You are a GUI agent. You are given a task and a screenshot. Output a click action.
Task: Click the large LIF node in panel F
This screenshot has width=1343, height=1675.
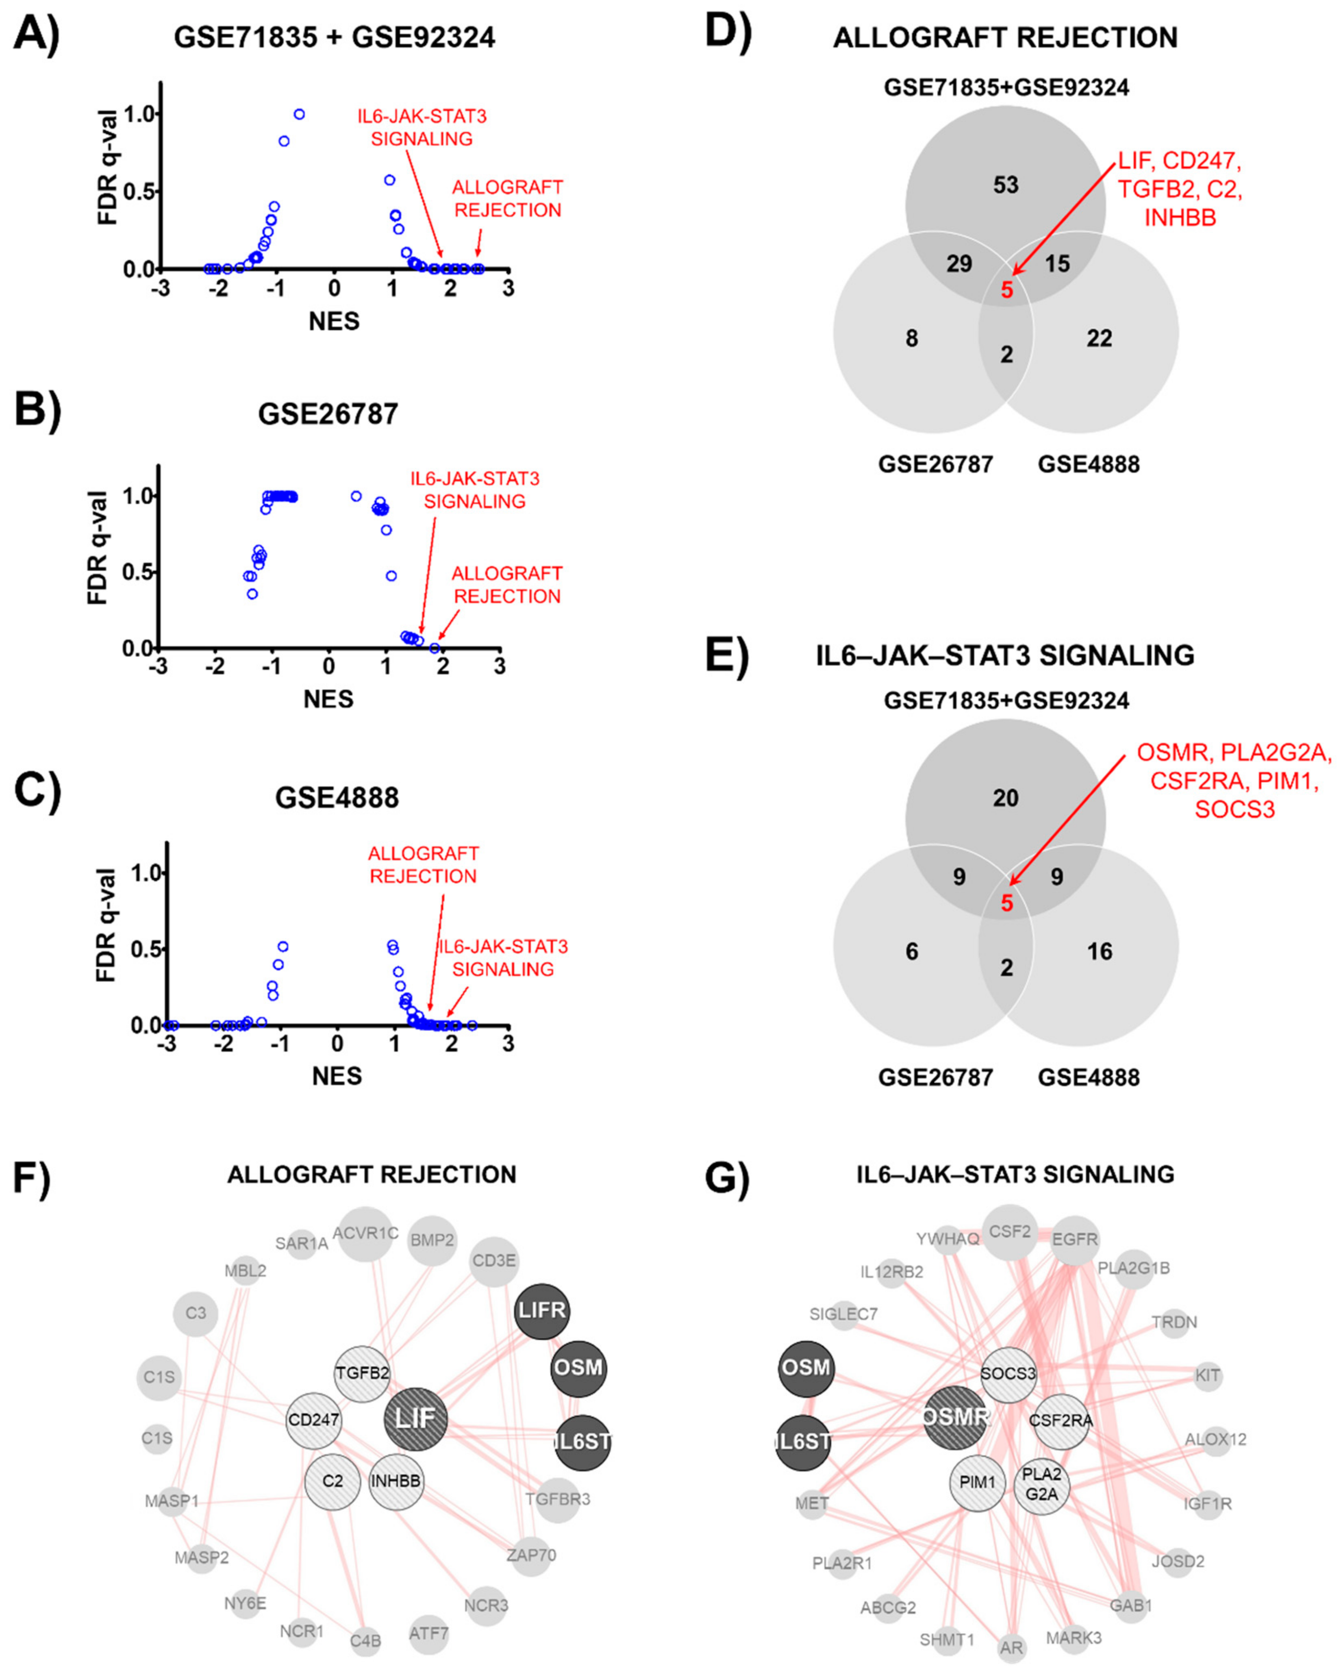(415, 1418)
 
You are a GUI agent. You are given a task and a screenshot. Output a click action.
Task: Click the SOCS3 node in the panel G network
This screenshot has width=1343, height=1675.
(1008, 1374)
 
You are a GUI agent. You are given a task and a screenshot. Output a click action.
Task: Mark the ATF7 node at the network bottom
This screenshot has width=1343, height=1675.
(429, 1634)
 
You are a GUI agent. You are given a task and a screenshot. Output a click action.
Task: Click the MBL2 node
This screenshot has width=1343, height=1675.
(246, 1271)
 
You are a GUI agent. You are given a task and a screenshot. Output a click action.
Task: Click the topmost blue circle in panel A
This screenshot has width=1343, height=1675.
(299, 114)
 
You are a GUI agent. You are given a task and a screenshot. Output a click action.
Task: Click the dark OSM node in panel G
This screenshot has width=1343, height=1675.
(806, 1367)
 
